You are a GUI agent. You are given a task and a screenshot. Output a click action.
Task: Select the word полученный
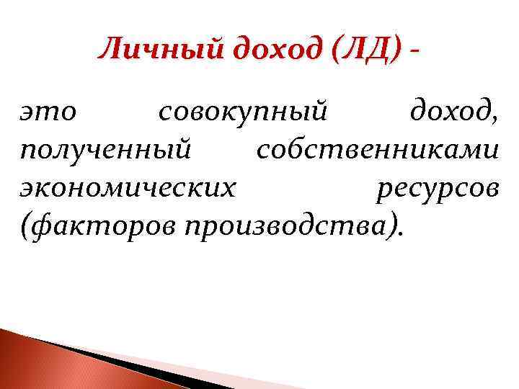[x=106, y=152]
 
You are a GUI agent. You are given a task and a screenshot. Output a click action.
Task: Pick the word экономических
[x=128, y=189]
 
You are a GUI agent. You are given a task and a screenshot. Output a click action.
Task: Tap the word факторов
[x=105, y=227]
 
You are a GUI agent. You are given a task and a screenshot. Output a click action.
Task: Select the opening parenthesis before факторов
[x=27, y=228]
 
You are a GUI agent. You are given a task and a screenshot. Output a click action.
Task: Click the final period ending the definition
[x=401, y=235]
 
